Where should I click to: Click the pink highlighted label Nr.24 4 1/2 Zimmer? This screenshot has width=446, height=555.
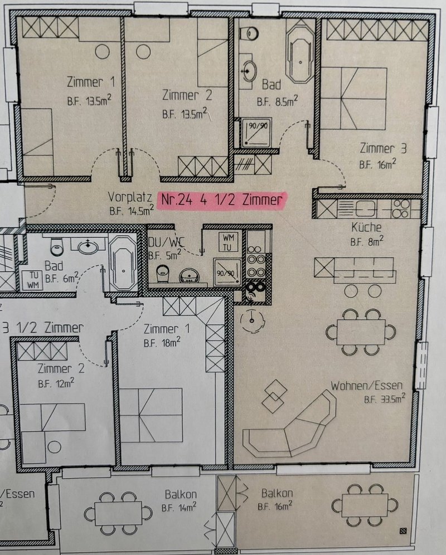click(222, 200)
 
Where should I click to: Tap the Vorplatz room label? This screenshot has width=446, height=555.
click(130, 197)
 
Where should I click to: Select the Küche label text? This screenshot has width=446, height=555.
click(366, 227)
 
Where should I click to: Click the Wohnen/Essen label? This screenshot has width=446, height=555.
click(366, 386)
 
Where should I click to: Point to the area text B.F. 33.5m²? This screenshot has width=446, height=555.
click(385, 398)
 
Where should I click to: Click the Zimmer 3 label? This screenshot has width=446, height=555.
click(383, 148)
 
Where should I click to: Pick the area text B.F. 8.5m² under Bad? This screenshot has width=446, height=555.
click(277, 101)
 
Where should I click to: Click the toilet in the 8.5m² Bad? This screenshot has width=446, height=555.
click(249, 34)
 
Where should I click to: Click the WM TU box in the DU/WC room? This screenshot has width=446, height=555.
click(228, 242)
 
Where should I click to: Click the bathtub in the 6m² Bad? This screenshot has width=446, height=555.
click(123, 263)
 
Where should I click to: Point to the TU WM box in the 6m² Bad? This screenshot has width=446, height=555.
click(33, 280)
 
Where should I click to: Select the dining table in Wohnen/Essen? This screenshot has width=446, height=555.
click(360, 332)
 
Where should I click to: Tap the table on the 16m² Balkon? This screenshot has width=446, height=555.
click(365, 505)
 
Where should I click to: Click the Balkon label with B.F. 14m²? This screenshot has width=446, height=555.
click(180, 500)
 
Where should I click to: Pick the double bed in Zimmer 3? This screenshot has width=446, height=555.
click(353, 99)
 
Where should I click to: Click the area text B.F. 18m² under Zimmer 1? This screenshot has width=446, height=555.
click(162, 343)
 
